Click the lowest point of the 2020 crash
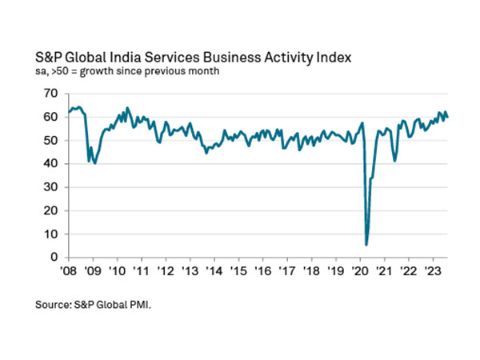click(x=366, y=244)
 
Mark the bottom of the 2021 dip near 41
click(x=394, y=161)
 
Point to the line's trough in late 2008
click(x=89, y=162)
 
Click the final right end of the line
click(x=447, y=117)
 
